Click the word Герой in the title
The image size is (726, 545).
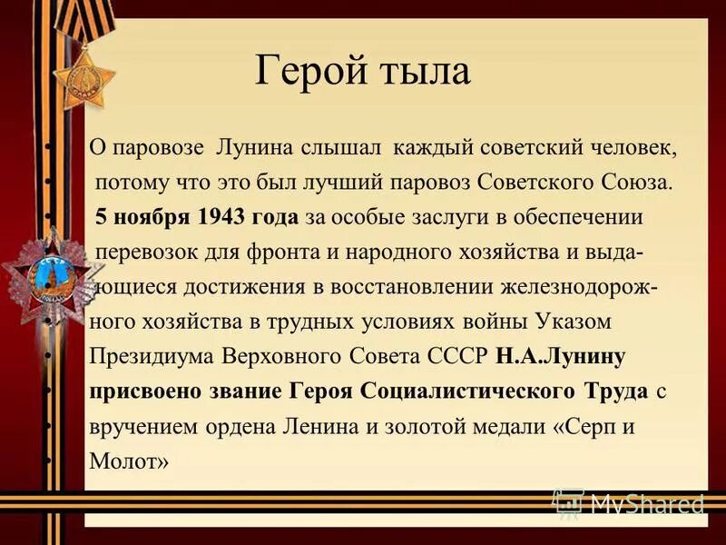(305, 70)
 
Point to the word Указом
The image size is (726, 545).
(573, 322)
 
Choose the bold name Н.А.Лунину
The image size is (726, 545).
(561, 356)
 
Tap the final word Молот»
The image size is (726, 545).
(129, 461)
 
